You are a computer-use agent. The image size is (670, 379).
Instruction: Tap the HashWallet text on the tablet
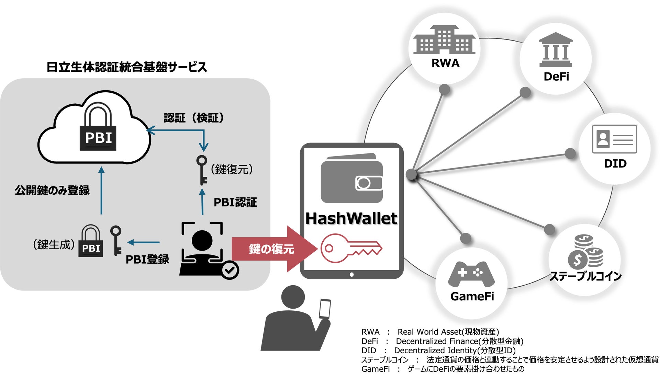click(x=351, y=218)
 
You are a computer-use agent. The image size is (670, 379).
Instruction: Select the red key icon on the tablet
click(x=350, y=248)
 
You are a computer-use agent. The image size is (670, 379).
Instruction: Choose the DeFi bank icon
click(x=556, y=50)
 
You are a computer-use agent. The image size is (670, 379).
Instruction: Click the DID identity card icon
click(x=614, y=139)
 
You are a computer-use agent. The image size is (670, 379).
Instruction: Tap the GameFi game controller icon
click(x=471, y=274)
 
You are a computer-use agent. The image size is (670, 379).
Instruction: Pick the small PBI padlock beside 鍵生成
click(x=91, y=241)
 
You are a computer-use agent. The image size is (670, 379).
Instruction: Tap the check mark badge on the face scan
click(x=230, y=270)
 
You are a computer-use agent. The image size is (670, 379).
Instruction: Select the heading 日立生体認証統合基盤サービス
click(x=126, y=67)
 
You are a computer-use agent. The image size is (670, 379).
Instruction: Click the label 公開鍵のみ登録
click(x=52, y=190)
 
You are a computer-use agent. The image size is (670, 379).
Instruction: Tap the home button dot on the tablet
click(x=351, y=274)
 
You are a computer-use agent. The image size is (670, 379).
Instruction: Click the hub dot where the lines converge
click(x=411, y=174)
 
